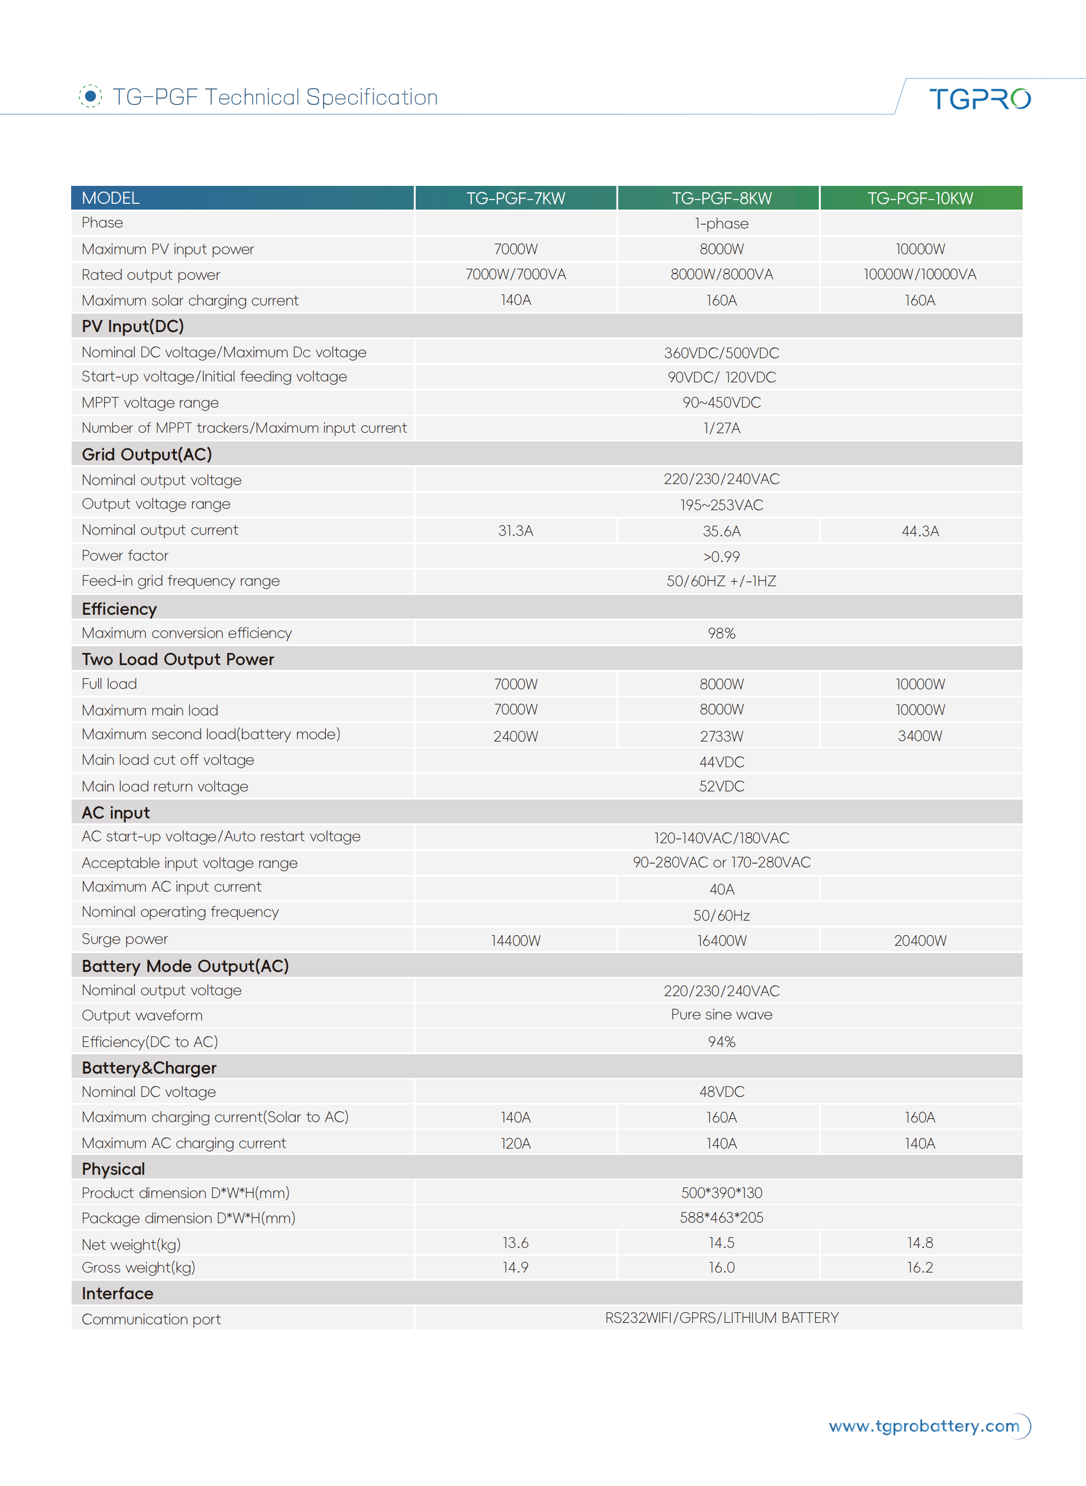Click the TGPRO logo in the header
pyautogui.click(x=980, y=99)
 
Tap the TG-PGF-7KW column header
pyautogui.click(x=515, y=198)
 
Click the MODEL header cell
pyautogui.click(x=110, y=198)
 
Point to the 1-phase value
pyautogui.click(x=721, y=224)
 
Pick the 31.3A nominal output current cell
pyautogui.click(x=515, y=531)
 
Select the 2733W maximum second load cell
pyautogui.click(x=721, y=736)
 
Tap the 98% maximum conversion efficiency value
pyautogui.click(x=721, y=633)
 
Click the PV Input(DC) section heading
pyautogui.click(x=133, y=326)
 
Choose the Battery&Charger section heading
pyautogui.click(x=149, y=1068)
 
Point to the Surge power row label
pyautogui.click(x=125, y=939)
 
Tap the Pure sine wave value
pyautogui.click(x=721, y=1015)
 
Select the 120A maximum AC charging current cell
pyautogui.click(x=515, y=1143)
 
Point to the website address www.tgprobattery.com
pyautogui.click(x=923, y=1425)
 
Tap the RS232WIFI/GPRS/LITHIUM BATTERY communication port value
pyautogui.click(x=721, y=1318)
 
